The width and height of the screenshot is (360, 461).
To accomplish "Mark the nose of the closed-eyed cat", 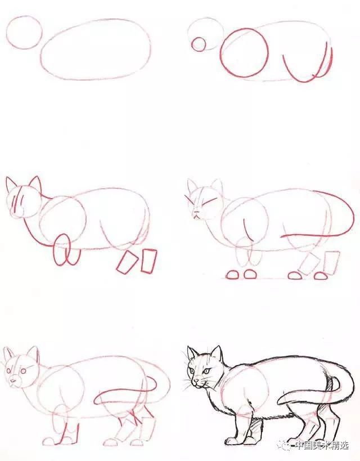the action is [195, 212].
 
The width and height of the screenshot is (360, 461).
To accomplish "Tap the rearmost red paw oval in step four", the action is [321, 275].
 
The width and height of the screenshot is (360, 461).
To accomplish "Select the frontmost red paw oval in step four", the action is [232, 275].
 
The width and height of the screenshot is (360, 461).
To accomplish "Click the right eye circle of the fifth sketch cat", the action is [23, 371].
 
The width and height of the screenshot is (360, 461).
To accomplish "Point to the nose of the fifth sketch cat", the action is [12, 381].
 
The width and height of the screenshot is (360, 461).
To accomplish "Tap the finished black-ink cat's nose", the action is [195, 381].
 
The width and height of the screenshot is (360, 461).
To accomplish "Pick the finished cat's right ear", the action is [216, 352].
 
